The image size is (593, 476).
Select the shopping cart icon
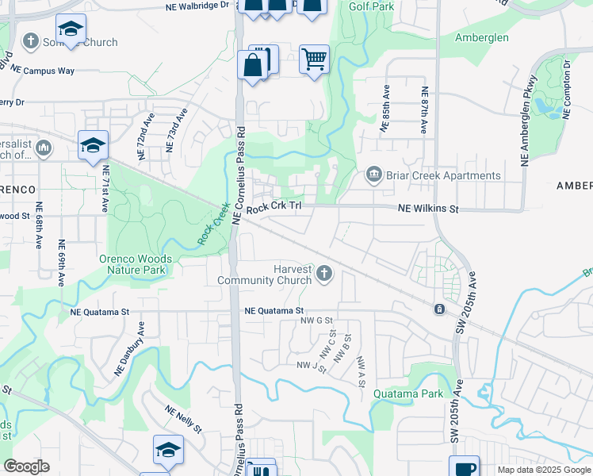tap(314, 59)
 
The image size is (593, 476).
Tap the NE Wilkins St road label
tap(428, 209)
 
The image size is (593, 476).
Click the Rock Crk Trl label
tap(274, 209)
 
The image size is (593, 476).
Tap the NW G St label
tap(316, 321)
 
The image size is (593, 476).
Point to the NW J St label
tap(312, 366)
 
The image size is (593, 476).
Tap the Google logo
tap(26, 466)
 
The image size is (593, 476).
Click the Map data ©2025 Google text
tap(543, 470)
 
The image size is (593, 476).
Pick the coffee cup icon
tap(464, 468)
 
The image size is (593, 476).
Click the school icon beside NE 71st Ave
tap(93, 145)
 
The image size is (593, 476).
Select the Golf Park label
tap(371, 6)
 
